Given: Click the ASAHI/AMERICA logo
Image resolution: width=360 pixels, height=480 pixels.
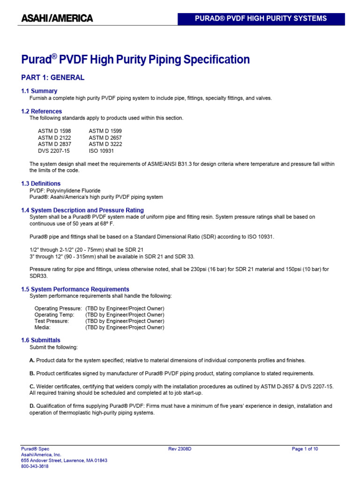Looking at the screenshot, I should pos(57,19).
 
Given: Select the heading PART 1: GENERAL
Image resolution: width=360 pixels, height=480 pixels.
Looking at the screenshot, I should pos(53,78).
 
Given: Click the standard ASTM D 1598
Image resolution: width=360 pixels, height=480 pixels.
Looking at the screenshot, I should pos(54,131).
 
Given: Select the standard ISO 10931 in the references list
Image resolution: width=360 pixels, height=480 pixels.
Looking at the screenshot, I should pos(101,151).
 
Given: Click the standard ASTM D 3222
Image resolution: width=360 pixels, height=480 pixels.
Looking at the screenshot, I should pos(105,144).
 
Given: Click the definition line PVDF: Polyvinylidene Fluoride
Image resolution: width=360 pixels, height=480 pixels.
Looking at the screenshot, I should pos(65,191).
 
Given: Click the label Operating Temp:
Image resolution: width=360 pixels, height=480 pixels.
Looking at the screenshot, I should pos(54,315).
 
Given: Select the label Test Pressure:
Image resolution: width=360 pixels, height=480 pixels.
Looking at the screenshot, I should pos(52,321).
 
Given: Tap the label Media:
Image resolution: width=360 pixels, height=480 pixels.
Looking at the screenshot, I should pos(42,328).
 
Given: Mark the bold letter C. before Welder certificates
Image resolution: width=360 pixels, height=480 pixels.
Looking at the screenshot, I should pos(32,386).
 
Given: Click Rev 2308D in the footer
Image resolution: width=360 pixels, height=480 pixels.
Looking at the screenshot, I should pos(180,449).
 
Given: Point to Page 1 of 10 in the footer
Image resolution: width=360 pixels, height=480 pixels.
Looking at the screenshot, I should pos(305,449).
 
